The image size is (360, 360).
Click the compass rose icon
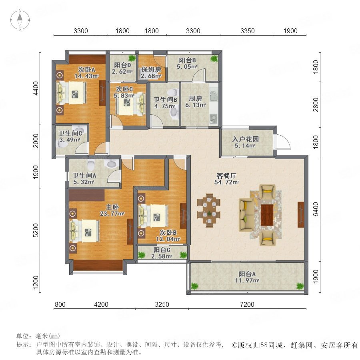20,20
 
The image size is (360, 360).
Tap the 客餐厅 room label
226,176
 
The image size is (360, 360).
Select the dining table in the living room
209,210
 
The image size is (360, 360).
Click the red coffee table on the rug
267,215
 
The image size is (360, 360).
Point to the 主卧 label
112,207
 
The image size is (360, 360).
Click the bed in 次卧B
153,216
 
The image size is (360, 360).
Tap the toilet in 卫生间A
91,164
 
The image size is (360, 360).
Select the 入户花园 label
246,139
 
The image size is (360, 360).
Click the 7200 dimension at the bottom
247,304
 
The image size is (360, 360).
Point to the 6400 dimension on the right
316,209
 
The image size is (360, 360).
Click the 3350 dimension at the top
248,31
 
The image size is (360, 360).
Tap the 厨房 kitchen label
195,98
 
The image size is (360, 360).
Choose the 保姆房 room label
151,69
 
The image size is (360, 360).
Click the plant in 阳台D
132,58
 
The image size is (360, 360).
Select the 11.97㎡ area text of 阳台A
247,280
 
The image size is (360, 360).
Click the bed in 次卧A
72,93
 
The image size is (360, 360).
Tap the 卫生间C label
70,133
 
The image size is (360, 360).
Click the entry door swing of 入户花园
282,141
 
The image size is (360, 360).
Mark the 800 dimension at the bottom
60,304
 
